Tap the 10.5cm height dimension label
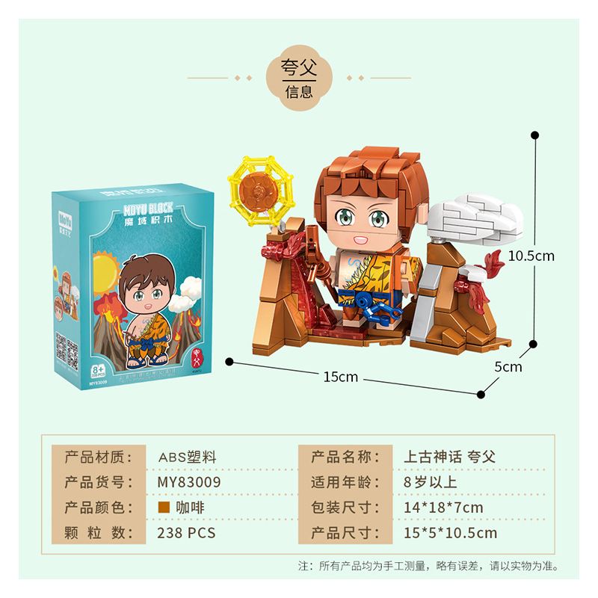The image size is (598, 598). (x=531, y=256)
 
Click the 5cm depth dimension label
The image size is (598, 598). (x=508, y=367)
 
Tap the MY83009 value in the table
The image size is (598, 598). (x=189, y=481)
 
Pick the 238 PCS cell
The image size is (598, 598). (x=187, y=533)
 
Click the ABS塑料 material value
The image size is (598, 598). (x=187, y=457)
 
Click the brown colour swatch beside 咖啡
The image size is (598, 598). (x=163, y=507)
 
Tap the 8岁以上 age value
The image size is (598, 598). (x=431, y=481)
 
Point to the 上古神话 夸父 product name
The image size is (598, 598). (x=450, y=457)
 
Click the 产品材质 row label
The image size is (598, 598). (x=99, y=457)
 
